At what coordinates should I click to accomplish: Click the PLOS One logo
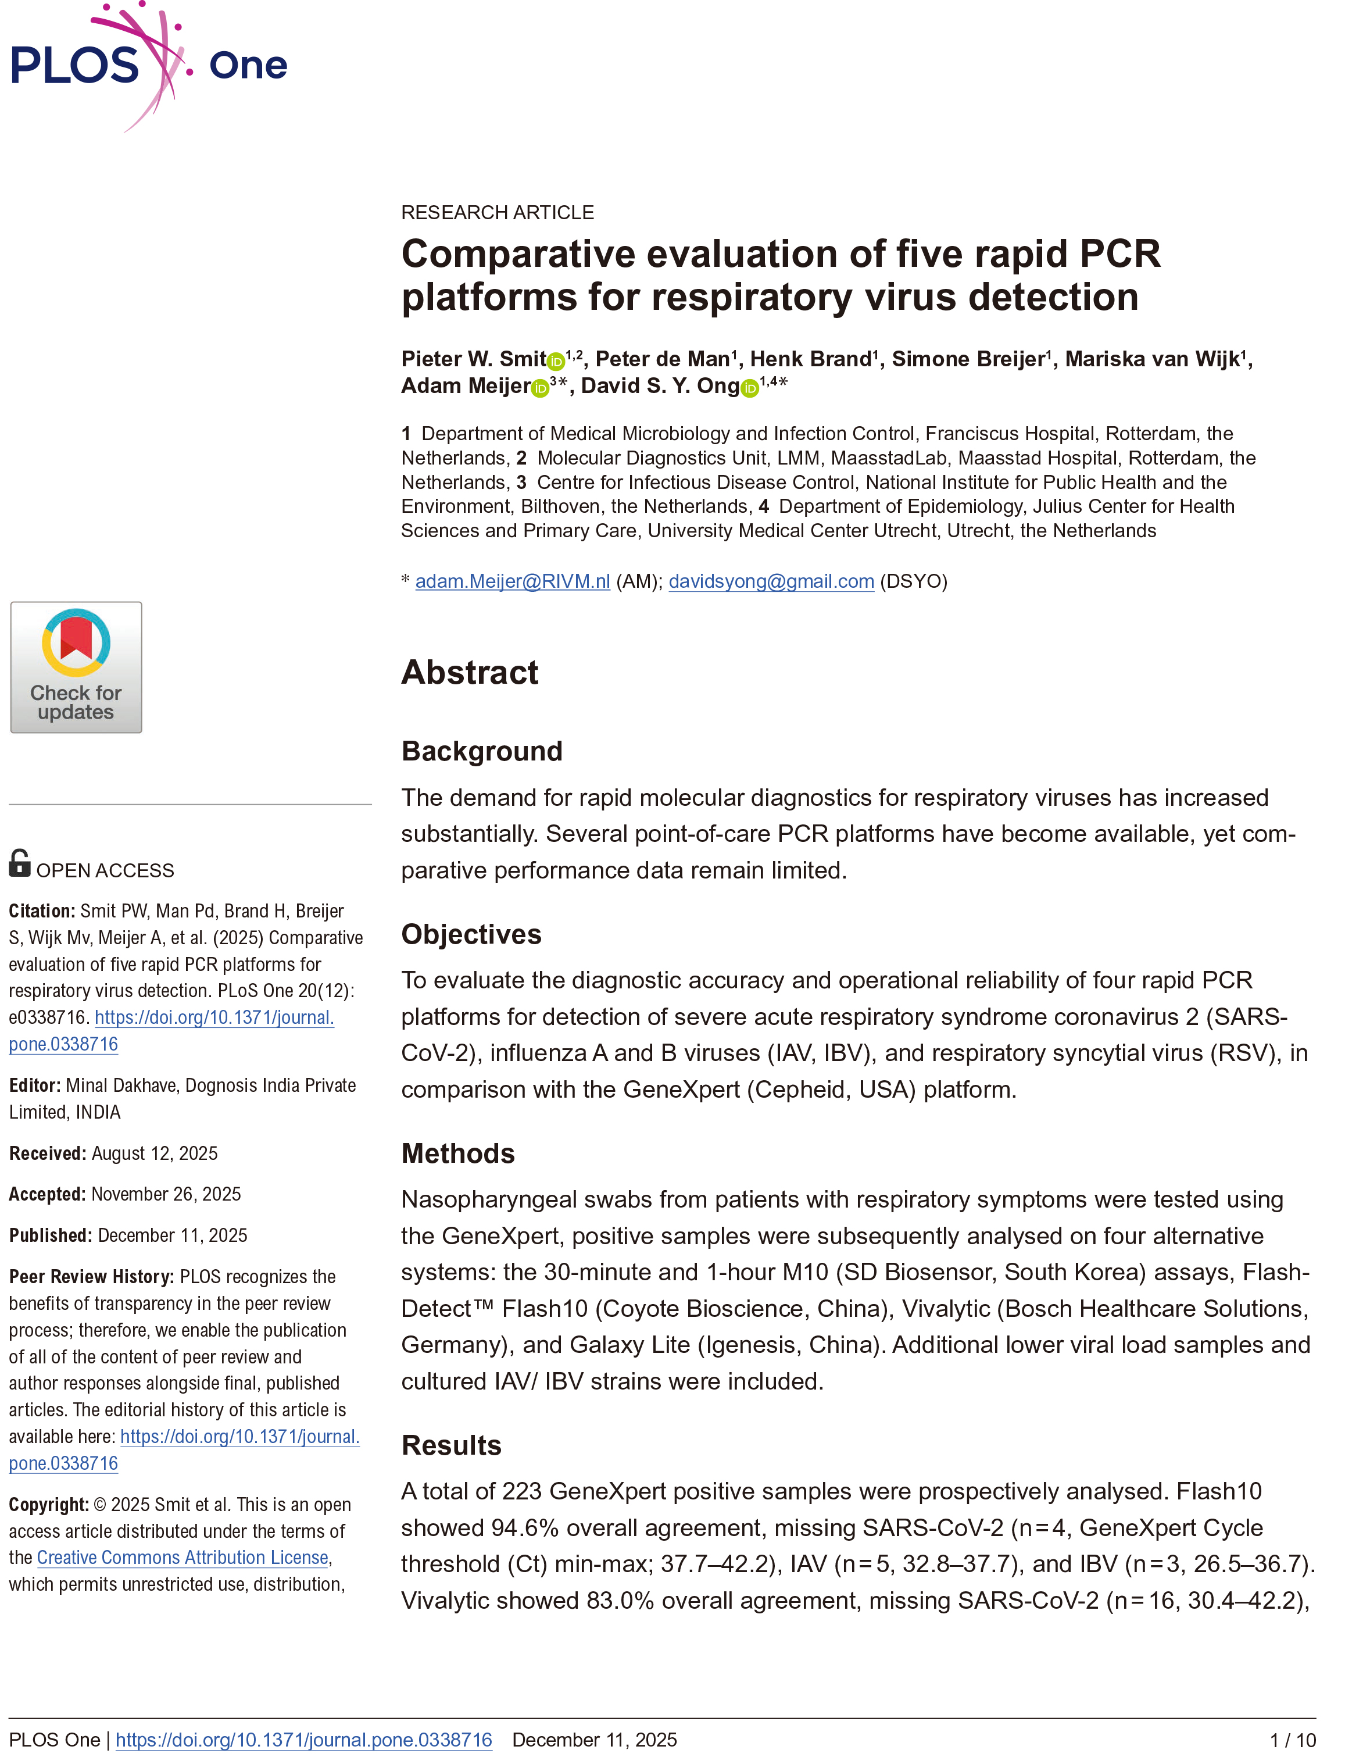(148, 66)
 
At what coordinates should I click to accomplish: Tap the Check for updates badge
(76, 667)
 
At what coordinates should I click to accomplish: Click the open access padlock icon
(19, 863)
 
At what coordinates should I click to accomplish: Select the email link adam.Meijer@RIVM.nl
(513, 581)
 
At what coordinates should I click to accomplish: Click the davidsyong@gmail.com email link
(771, 581)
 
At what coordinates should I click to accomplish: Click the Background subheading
(481, 751)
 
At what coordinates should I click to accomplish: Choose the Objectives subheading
(471, 934)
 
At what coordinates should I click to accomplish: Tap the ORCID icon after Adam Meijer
(541, 388)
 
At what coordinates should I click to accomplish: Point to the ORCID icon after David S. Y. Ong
(749, 388)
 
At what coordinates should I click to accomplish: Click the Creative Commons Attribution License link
(183, 1558)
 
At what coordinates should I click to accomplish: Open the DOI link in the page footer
(303, 1740)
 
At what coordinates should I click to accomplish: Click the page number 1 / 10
(1292, 1740)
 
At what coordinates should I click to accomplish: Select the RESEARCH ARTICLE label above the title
(497, 212)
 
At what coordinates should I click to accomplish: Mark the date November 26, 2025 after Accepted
(166, 1194)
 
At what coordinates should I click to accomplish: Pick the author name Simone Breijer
(968, 359)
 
